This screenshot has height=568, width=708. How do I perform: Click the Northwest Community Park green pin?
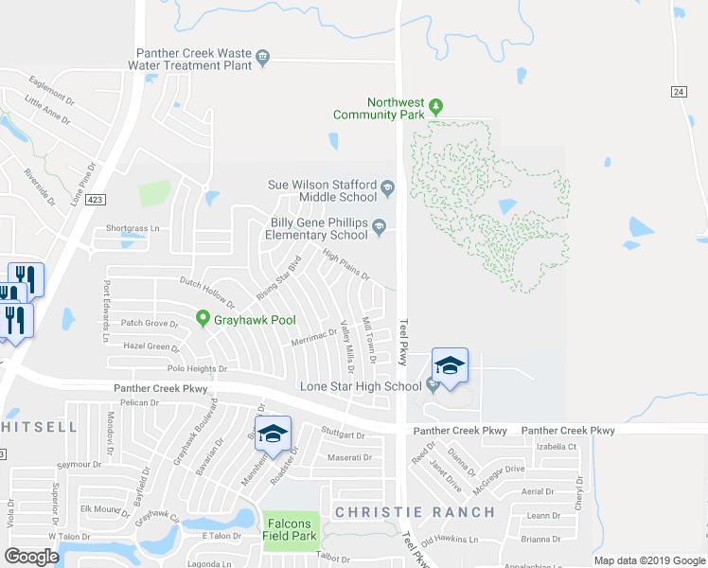pyautogui.click(x=435, y=104)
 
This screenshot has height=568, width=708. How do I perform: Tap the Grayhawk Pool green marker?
pyautogui.click(x=202, y=319)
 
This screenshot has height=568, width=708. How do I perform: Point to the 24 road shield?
pyautogui.click(x=679, y=91)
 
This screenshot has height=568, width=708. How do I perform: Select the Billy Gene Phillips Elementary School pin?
pyautogui.click(x=379, y=225)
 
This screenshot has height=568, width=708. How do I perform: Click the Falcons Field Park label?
pyautogui.click(x=288, y=529)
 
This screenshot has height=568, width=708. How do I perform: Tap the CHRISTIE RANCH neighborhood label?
pyautogui.click(x=414, y=512)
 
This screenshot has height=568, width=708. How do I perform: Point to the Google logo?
pyautogui.click(x=31, y=557)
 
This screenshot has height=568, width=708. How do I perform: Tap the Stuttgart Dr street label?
pyautogui.click(x=342, y=435)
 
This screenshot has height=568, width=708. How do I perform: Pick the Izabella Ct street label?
pyautogui.click(x=557, y=446)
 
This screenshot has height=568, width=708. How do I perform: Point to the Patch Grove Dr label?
pyautogui.click(x=150, y=324)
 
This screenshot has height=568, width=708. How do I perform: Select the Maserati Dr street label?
pyautogui.click(x=349, y=457)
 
